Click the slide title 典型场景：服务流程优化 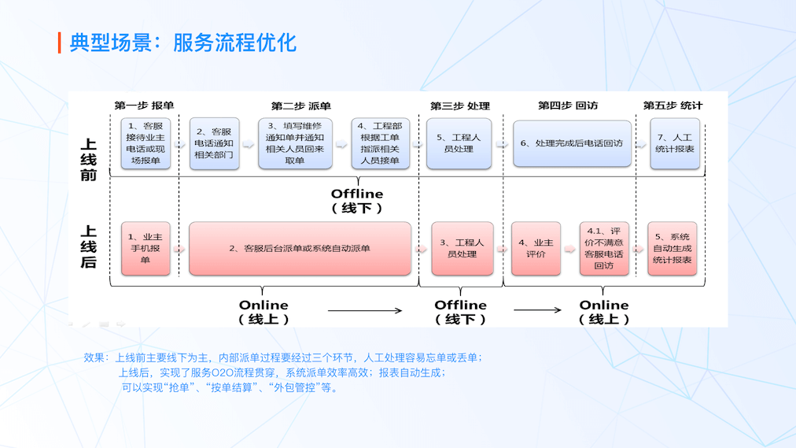(x=182, y=43)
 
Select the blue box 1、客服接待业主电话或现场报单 (x=146, y=143)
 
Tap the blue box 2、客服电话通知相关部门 (x=214, y=143)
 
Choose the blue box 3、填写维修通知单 (x=295, y=143)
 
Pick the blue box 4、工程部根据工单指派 (x=381, y=143)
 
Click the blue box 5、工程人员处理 (x=459, y=143)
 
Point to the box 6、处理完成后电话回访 (x=572, y=143)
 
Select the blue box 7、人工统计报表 (x=674, y=143)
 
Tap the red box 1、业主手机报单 (x=146, y=248)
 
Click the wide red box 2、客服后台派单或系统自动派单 (x=300, y=248)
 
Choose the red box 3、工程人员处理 (x=462, y=248)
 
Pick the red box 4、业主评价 (x=536, y=248)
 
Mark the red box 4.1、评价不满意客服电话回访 (x=604, y=248)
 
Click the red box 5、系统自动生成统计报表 (x=673, y=248)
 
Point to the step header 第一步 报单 (x=144, y=106)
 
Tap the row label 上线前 (x=89, y=160)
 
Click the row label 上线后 (x=89, y=246)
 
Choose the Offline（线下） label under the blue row (x=357, y=201)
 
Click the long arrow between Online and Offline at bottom (x=365, y=312)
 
